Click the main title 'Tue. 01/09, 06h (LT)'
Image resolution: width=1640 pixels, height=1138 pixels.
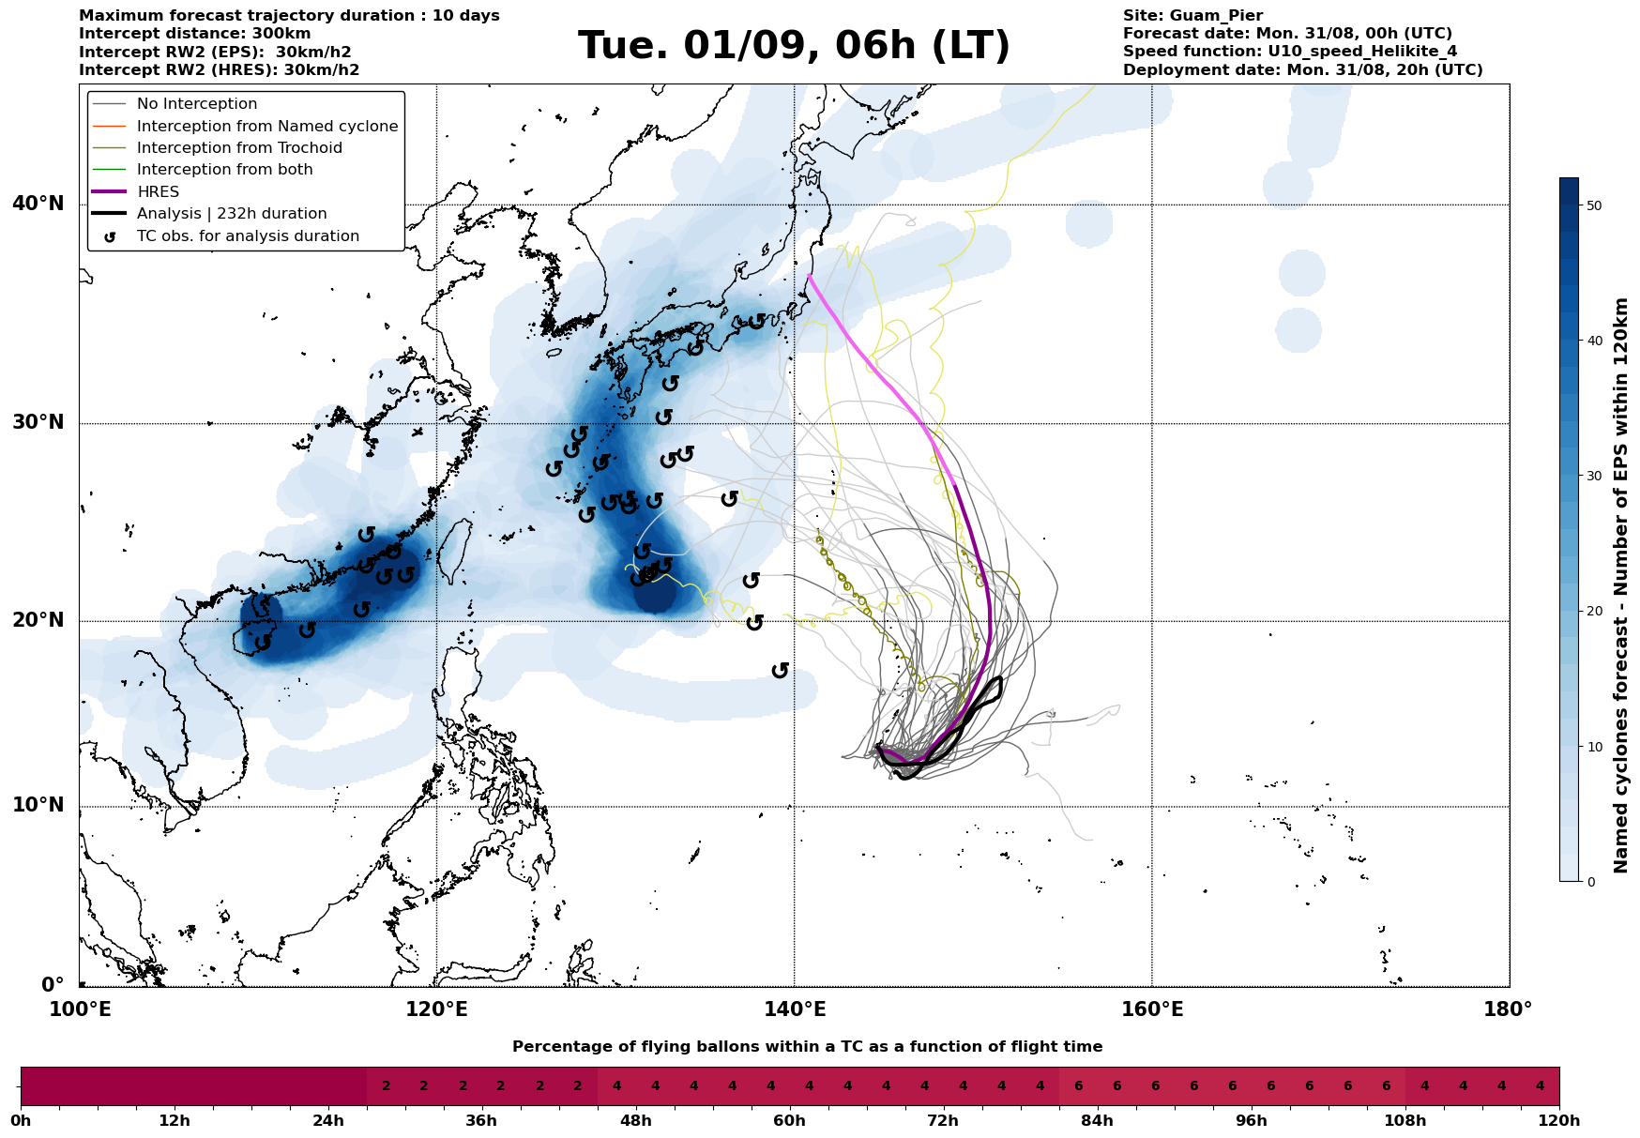(794, 46)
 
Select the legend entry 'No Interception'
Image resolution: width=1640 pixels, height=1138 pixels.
(197, 104)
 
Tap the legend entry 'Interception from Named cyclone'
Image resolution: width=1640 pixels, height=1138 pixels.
(267, 127)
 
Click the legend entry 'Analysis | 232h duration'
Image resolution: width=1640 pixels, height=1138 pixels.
(232, 214)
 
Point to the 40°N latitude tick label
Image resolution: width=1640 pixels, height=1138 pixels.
(38, 204)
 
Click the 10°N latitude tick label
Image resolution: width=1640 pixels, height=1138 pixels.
(38, 805)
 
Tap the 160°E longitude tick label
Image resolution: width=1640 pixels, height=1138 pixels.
(1151, 1009)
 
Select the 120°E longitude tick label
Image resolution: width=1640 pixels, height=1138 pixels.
(436, 1009)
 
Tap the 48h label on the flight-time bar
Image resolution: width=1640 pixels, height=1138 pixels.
(635, 1121)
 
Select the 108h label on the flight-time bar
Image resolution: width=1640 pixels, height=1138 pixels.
(1405, 1121)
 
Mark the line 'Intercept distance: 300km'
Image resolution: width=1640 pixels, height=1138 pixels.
(194, 34)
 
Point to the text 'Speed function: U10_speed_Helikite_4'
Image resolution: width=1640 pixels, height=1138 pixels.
(1290, 52)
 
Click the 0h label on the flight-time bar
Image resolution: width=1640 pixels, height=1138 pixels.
(21, 1121)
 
